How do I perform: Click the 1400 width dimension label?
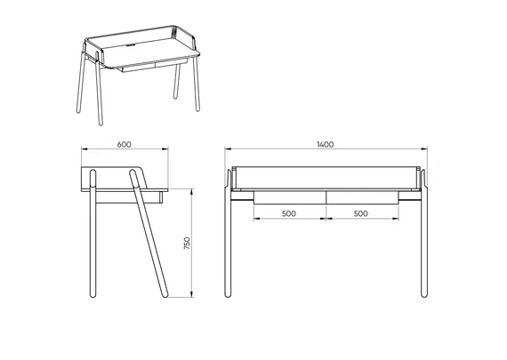coord(325,145)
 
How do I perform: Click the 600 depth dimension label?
coord(125,145)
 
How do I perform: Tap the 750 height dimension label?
coord(187,243)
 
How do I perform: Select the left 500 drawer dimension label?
coord(289,213)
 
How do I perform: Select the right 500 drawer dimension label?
coord(360,213)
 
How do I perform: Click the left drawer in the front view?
coord(290,197)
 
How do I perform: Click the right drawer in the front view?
coord(362,197)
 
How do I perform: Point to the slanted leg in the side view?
coord(149,233)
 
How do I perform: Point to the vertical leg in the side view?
coord(93,233)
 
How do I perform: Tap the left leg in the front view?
coord(228,233)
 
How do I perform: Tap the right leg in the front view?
coord(424,233)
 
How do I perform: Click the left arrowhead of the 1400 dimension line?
coord(228,148)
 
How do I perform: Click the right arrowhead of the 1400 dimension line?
coord(424,148)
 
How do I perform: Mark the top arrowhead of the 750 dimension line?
coord(192,192)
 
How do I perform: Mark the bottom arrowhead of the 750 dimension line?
coord(192,294)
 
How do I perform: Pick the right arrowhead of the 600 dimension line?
coord(165,148)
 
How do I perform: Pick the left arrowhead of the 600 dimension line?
coord(84,148)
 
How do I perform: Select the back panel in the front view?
coord(326,178)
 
